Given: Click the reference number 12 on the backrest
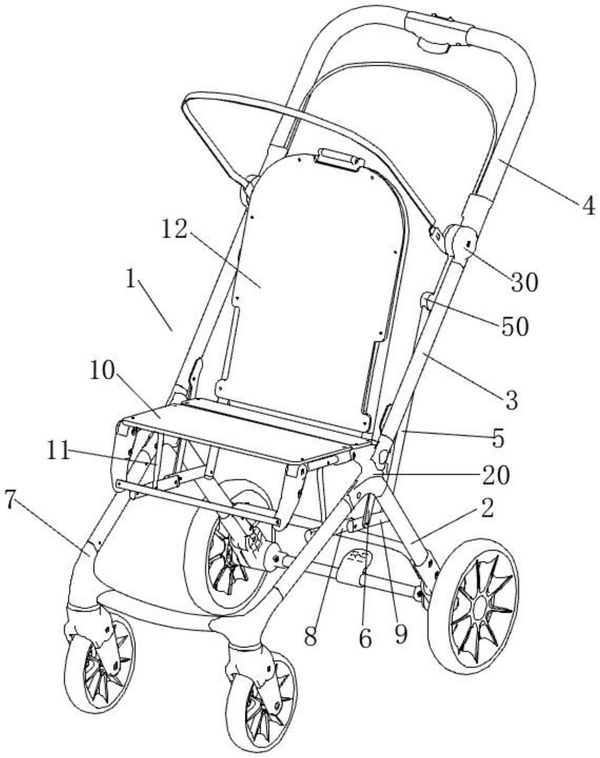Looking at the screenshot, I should [175, 231].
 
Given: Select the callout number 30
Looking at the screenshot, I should [524, 282].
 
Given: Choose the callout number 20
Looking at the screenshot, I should [495, 475].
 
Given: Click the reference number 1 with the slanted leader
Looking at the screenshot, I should [131, 281].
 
